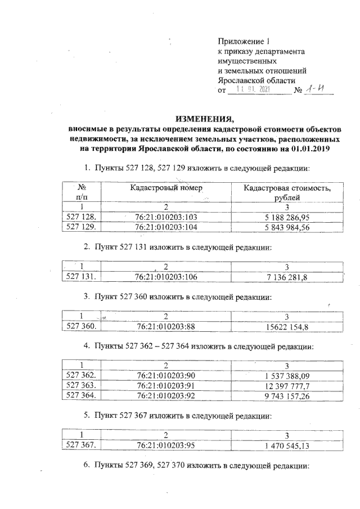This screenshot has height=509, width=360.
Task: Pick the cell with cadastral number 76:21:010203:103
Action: click(x=168, y=216)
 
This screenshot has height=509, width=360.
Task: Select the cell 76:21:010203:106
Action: click(x=168, y=276)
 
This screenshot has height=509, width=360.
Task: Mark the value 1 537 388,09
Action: click(x=283, y=375)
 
